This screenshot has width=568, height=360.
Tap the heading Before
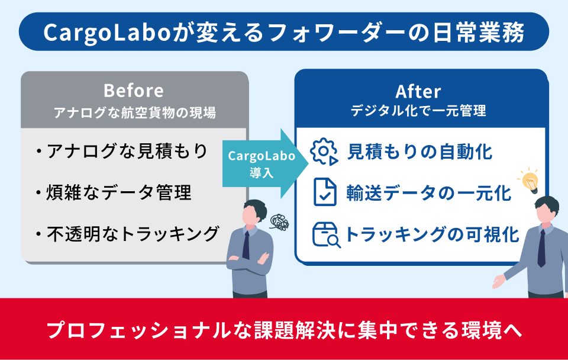(x=133, y=91)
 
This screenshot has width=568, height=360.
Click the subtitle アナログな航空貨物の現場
(x=134, y=111)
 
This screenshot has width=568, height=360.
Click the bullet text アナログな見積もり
(x=127, y=152)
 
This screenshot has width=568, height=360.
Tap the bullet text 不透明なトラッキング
(x=133, y=233)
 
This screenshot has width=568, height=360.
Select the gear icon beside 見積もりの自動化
(x=324, y=152)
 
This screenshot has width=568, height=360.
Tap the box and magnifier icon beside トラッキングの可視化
(x=325, y=234)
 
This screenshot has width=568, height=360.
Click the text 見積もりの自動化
(x=420, y=152)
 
